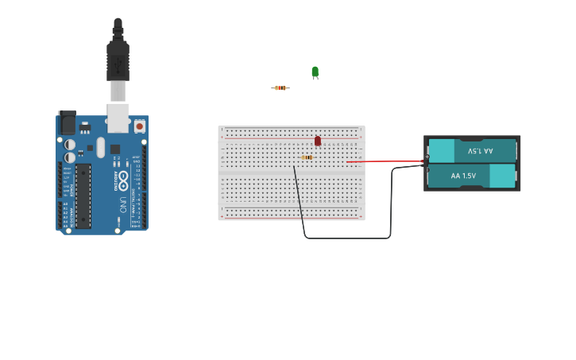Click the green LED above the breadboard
(x=315, y=72)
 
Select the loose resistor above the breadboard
(x=280, y=87)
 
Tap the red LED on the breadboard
(x=318, y=141)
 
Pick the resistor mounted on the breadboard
(x=307, y=157)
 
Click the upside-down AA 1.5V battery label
(x=480, y=150)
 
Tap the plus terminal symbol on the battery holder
(x=427, y=157)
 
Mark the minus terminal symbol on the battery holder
(x=427, y=169)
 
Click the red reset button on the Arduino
(x=140, y=126)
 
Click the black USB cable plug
(x=118, y=56)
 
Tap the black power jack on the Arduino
(x=68, y=122)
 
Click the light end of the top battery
(x=442, y=150)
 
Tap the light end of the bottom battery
(x=502, y=176)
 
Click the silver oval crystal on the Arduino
(x=101, y=147)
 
